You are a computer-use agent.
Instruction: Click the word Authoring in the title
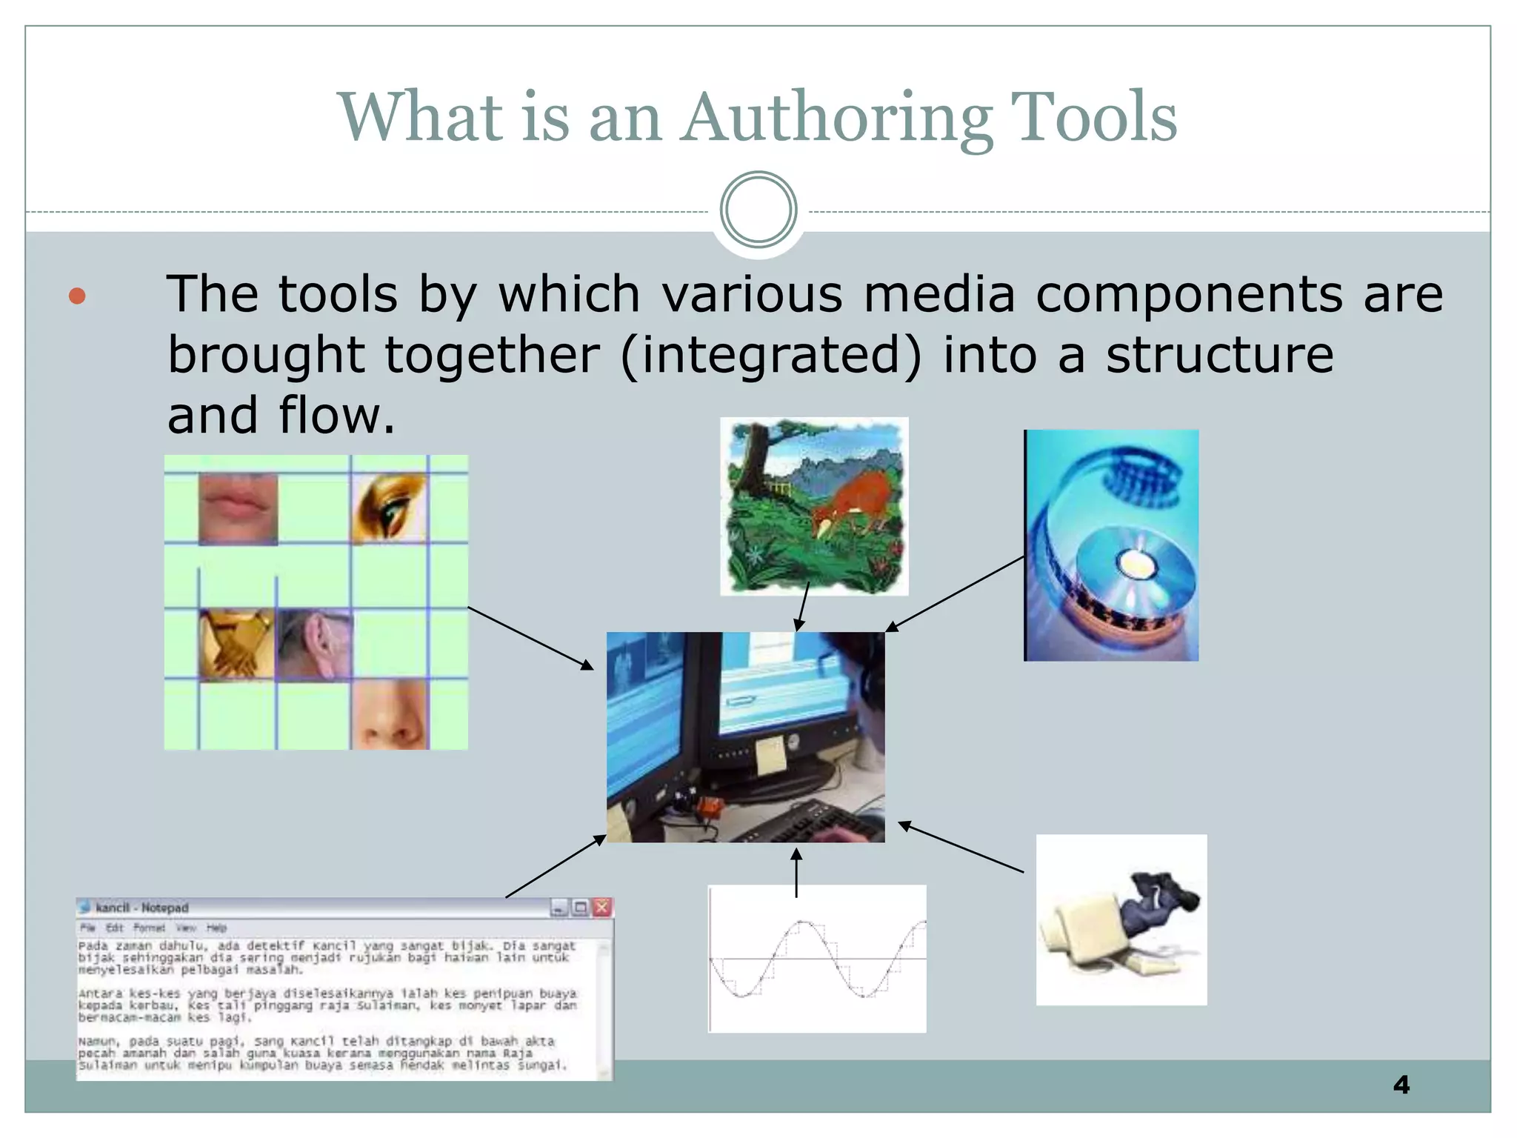pos(837,119)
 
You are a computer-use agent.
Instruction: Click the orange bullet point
pos(77,296)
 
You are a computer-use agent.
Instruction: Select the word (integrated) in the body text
pos(771,356)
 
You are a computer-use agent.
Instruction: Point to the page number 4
pos(1401,1085)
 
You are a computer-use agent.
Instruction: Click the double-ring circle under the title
pos(758,210)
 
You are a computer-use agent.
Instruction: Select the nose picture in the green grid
pos(389,715)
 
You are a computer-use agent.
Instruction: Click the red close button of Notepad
pos(602,907)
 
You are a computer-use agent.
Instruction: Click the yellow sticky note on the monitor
pos(770,755)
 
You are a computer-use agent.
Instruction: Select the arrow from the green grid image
pos(530,637)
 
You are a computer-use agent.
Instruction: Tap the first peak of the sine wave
pos(801,922)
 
